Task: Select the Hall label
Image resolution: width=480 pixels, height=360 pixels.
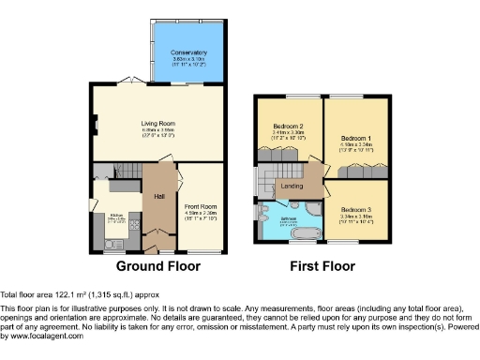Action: coord(159,196)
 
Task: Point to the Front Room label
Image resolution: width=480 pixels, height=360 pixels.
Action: coord(201,206)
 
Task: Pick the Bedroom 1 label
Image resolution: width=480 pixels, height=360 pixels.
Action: coord(355,139)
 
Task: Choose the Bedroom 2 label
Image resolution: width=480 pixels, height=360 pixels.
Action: coord(288,127)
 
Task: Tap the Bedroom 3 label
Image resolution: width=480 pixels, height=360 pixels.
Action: coord(355,208)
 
